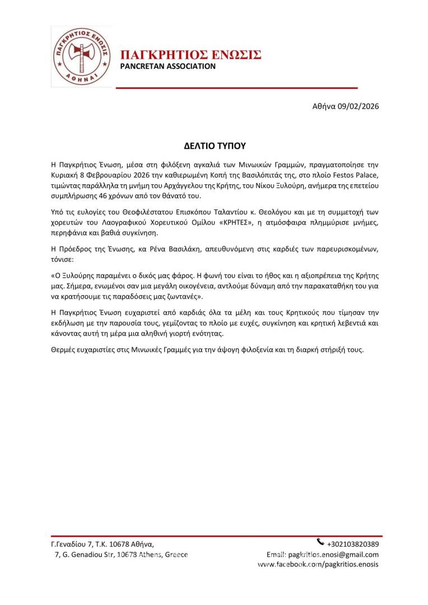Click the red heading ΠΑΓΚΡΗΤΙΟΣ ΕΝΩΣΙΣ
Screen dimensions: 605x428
(191, 55)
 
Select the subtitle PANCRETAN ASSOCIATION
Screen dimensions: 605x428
(168, 67)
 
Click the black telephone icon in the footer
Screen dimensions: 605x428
(320, 542)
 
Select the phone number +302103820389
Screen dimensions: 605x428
(353, 544)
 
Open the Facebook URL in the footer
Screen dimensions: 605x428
(318, 565)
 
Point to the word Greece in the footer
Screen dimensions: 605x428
(175, 555)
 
